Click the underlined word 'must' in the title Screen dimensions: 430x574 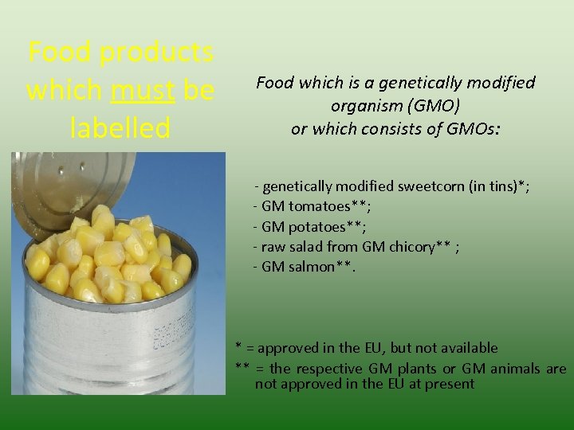143,91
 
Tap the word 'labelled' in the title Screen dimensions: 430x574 120,128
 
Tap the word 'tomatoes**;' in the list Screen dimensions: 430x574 329,206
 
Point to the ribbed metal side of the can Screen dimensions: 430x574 104,350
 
